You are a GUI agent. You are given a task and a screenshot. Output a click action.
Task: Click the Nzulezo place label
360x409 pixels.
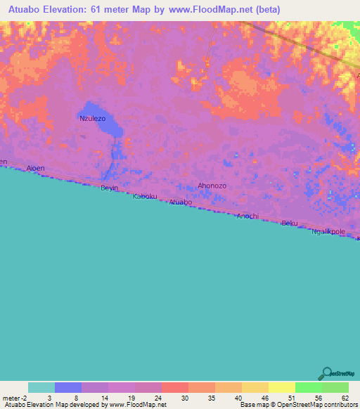[93, 119]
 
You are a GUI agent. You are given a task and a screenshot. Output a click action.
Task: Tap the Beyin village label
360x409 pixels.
[109, 188]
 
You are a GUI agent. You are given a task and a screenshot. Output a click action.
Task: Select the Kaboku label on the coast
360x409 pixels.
[144, 197]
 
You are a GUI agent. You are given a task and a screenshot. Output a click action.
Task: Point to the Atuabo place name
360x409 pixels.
[180, 202]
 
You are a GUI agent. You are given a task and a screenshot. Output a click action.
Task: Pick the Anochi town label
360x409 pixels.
[247, 216]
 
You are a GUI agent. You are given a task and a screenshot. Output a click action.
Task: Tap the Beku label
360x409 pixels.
[289, 223]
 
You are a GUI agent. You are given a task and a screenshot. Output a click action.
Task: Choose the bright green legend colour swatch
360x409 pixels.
[308, 387]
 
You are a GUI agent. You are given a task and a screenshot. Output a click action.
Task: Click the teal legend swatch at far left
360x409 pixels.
[41, 387]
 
